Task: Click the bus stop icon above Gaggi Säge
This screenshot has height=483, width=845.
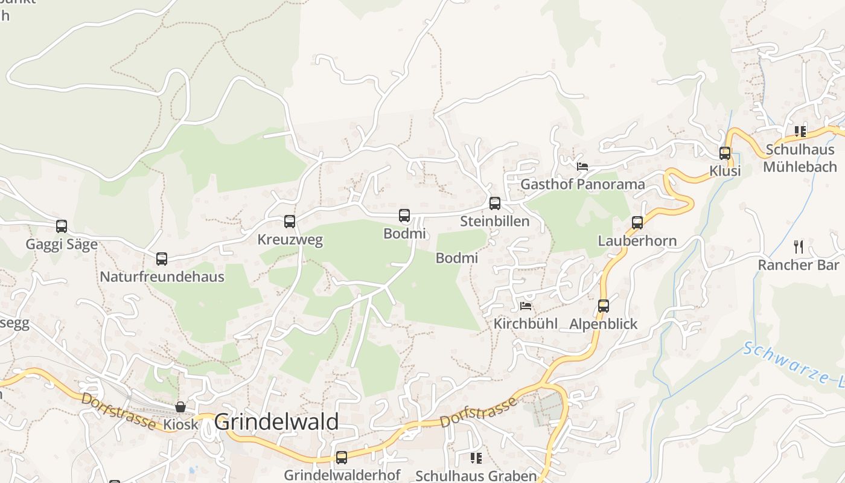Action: (62, 226)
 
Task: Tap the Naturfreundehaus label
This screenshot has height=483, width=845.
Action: (162, 277)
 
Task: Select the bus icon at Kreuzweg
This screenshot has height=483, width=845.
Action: (290, 222)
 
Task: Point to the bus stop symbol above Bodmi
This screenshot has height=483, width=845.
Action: (404, 216)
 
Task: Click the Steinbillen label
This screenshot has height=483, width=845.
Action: (494, 222)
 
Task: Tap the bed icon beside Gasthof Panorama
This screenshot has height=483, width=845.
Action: (582, 167)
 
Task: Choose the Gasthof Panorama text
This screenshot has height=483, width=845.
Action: (582, 184)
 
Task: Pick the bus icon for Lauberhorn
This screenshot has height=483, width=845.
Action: (637, 223)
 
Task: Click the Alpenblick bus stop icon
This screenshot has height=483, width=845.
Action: (604, 306)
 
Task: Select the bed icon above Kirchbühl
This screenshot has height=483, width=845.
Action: (526, 306)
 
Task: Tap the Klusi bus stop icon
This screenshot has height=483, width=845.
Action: (725, 153)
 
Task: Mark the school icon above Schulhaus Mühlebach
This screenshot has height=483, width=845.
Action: (800, 131)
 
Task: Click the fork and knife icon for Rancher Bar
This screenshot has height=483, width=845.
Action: (799, 246)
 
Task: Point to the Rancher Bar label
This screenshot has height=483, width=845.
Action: (798, 265)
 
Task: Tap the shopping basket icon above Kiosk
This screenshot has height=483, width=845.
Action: (180, 407)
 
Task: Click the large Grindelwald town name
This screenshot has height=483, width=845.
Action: (276, 422)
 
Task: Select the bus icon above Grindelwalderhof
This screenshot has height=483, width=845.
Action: (342, 458)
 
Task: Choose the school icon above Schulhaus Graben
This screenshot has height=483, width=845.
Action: (476, 458)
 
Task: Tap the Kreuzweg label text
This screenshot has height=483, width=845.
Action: (290, 240)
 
